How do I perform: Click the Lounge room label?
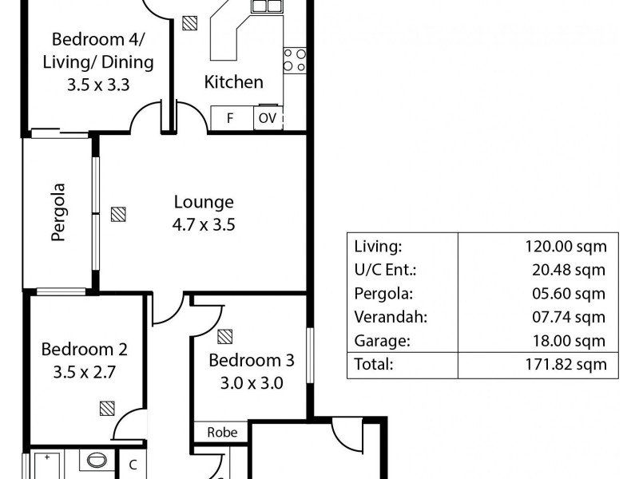pos(204,202)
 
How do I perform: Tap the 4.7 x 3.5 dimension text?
pos(204,224)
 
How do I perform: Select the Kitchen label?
pos(233,81)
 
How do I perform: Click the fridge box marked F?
pos(230,118)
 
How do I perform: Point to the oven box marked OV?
pos(267,118)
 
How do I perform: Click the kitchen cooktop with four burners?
pos(294,60)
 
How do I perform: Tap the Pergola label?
pos(58,213)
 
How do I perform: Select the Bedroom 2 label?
pos(85,349)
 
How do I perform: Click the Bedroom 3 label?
pos(252,361)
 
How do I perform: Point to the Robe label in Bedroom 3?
pos(222,432)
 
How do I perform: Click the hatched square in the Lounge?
pos(118,214)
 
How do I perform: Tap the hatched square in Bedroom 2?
pos(107,409)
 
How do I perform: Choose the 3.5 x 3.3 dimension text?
pos(99,84)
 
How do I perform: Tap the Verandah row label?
pos(389,317)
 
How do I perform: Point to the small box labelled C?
pos(133,464)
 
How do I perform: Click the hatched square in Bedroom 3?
pos(225,335)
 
